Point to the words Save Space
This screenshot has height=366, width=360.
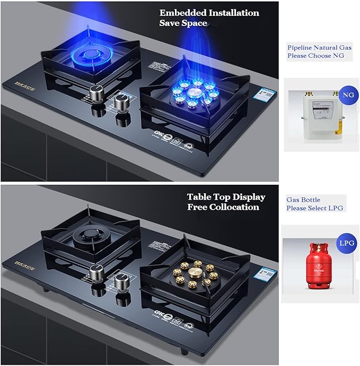[183, 23]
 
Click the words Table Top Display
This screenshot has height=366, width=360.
[226, 197]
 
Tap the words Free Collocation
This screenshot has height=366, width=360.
[223, 207]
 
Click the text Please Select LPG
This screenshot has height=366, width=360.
[315, 208]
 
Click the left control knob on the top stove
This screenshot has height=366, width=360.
[97, 94]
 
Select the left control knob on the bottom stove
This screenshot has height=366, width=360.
[96, 272]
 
